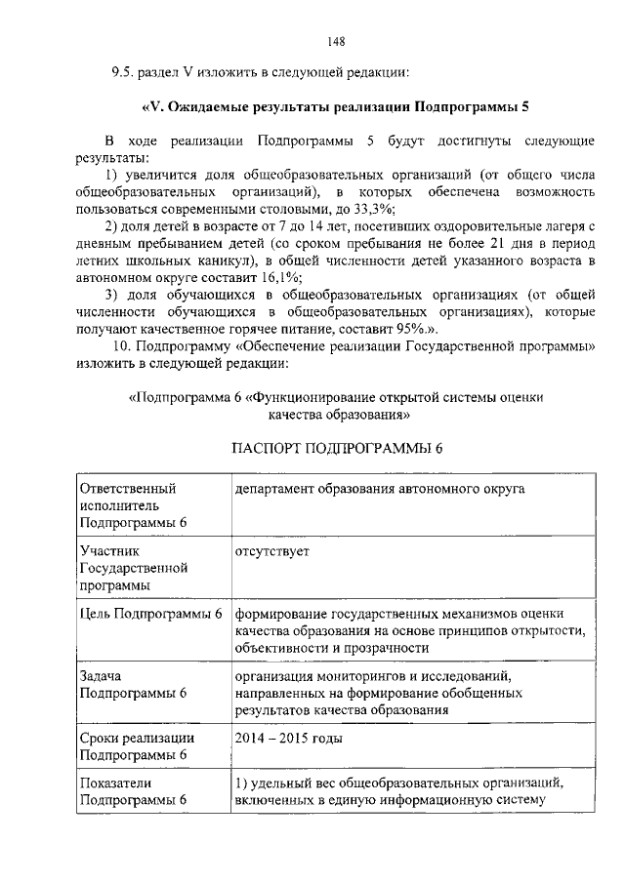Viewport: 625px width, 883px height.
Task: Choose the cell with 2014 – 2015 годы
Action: (x=288, y=738)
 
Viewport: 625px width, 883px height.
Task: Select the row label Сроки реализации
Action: (x=137, y=738)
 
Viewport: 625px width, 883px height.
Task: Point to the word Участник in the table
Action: (x=107, y=551)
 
